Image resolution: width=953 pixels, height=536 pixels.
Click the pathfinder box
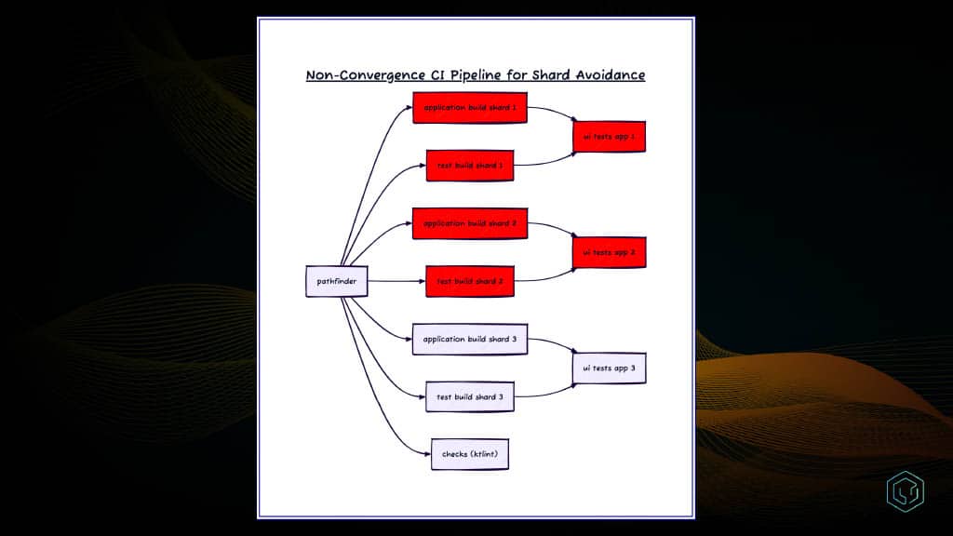pos(337,281)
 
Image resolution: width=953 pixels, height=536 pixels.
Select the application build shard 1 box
pos(470,108)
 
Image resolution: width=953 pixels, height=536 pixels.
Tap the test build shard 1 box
pos(470,166)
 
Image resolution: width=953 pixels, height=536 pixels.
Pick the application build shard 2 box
pos(470,223)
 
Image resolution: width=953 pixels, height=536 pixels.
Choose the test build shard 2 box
pos(470,281)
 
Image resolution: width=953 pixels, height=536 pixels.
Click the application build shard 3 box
pos(470,339)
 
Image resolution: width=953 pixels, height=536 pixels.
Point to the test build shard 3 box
pos(470,396)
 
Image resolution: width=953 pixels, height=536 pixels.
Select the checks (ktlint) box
pos(470,454)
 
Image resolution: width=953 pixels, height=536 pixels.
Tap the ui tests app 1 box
pos(609,137)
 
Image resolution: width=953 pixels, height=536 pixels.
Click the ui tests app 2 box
pos(609,252)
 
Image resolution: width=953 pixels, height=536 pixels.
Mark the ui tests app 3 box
pos(609,368)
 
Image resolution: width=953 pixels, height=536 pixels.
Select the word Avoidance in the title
pos(611,74)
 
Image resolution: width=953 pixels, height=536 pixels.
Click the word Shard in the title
pos(551,74)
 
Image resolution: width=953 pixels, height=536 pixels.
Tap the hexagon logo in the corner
pos(905,491)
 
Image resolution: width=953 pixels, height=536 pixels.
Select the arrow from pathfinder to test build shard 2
pos(396,281)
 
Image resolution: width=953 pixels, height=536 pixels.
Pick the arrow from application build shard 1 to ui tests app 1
pos(553,111)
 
